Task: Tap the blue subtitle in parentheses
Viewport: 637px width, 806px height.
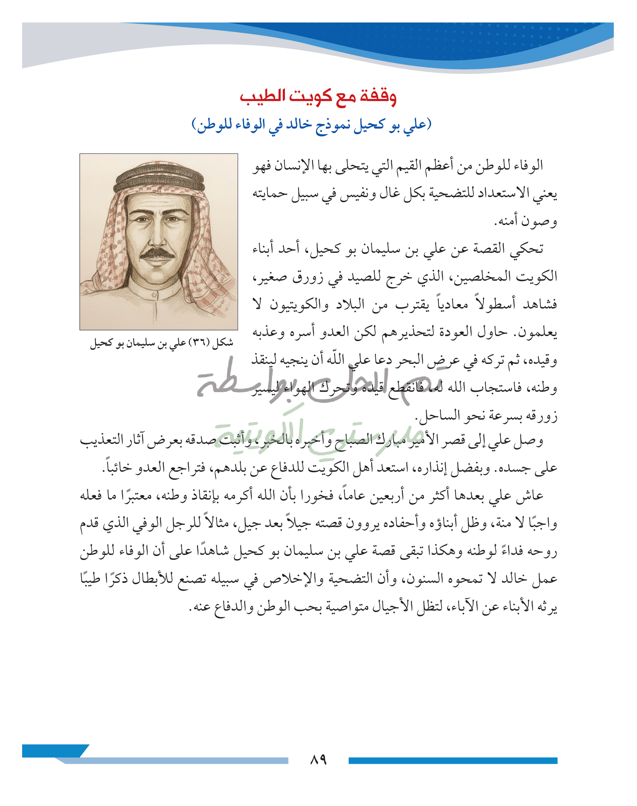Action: click(x=311, y=124)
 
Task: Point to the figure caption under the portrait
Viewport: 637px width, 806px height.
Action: click(x=161, y=343)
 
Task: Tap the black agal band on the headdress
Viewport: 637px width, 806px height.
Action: click(x=159, y=178)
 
